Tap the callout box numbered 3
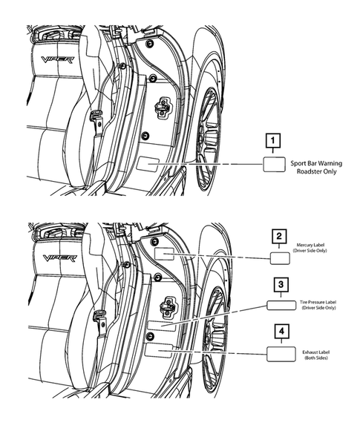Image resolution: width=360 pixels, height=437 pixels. point(278,284)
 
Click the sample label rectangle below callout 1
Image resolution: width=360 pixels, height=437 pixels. point(273,164)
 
